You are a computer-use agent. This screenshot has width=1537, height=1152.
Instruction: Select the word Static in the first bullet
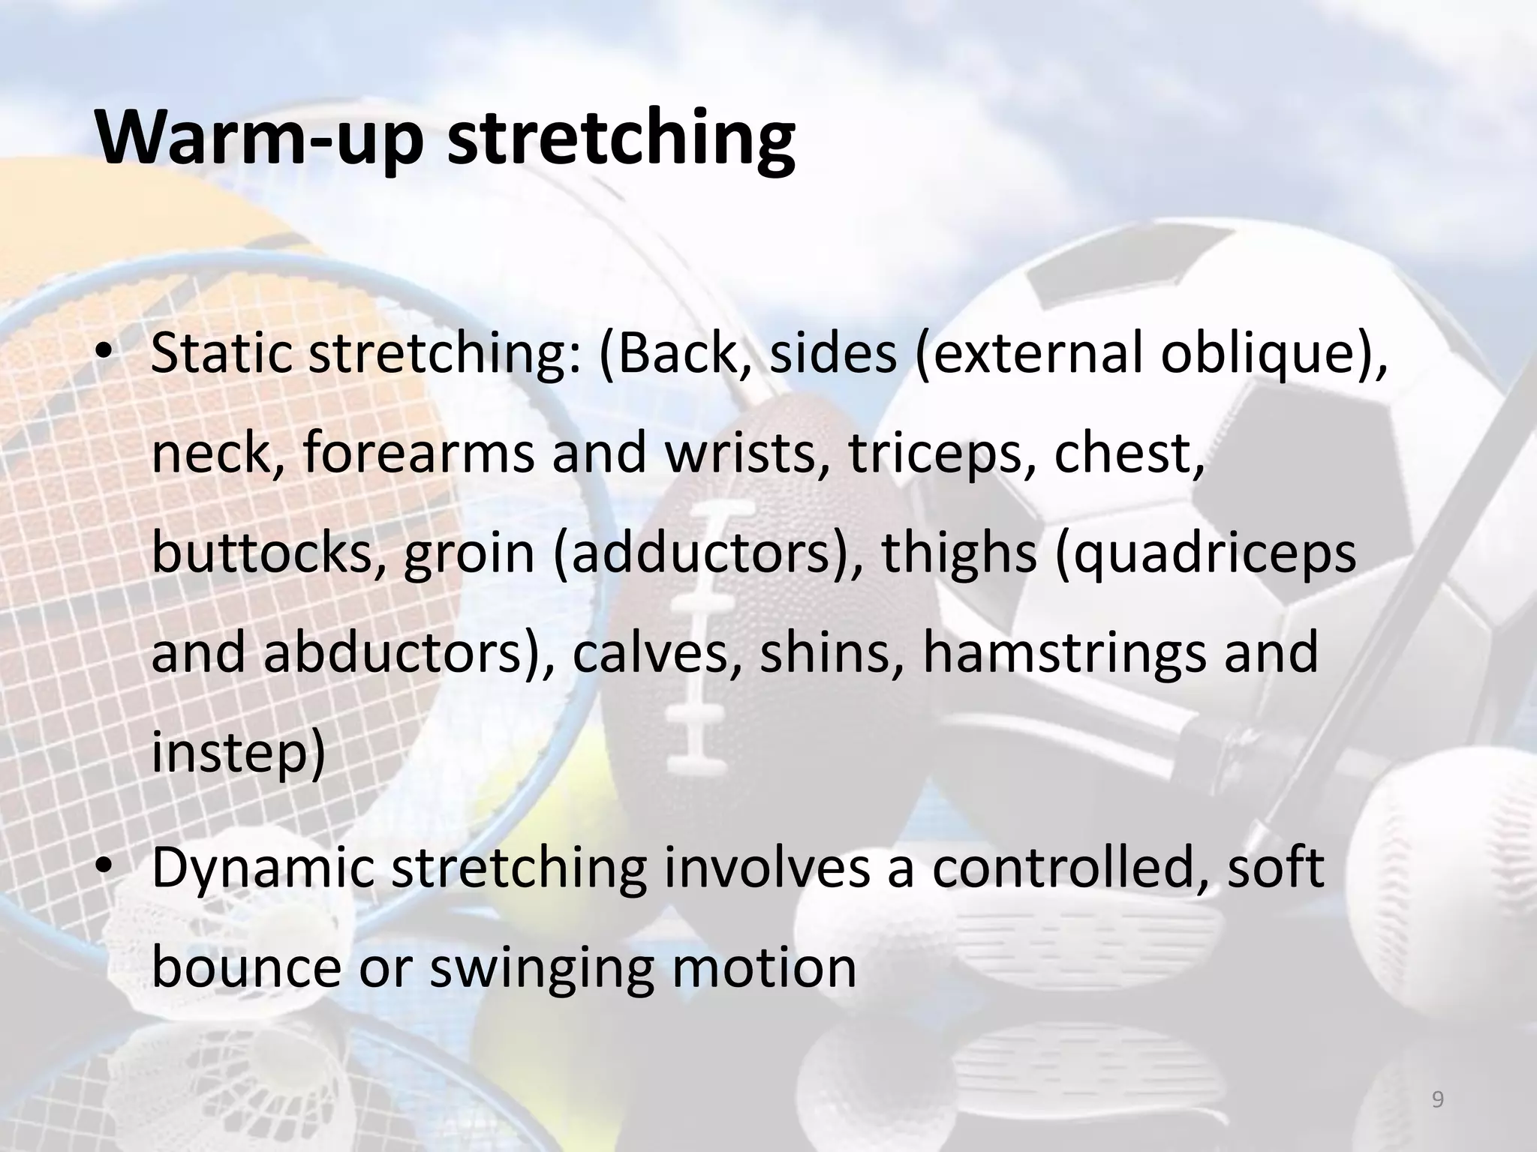click(x=221, y=353)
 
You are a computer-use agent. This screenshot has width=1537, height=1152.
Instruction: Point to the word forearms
click(x=417, y=454)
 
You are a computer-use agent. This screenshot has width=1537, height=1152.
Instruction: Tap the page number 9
click(x=1437, y=1100)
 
